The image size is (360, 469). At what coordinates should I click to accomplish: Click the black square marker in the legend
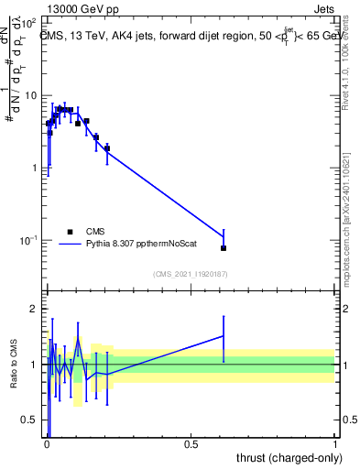pyautogui.click(x=70, y=232)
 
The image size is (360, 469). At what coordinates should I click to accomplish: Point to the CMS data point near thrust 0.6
pyautogui.click(x=224, y=248)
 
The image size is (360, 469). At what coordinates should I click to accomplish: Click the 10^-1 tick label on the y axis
pyautogui.click(x=28, y=241)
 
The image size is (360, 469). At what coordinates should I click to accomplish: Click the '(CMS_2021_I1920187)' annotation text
pyautogui.click(x=190, y=274)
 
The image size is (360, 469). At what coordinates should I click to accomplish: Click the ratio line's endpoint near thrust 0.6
pyautogui.click(x=224, y=336)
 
